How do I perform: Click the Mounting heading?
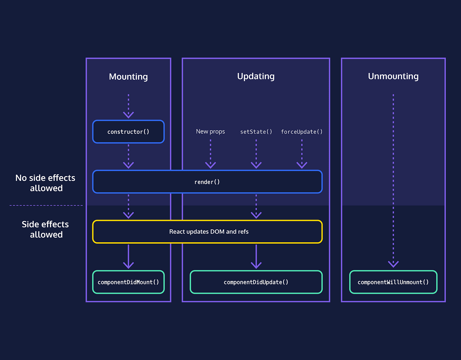click(x=128, y=77)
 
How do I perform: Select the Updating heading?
click(x=256, y=76)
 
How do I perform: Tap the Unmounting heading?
click(x=393, y=76)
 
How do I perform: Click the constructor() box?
click(x=128, y=132)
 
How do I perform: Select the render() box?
click(x=207, y=182)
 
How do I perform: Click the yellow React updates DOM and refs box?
click(x=208, y=232)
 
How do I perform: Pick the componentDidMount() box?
click(x=128, y=282)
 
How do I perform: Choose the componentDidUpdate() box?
click(x=256, y=282)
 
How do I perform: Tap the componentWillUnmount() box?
click(x=393, y=282)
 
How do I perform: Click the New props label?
click(x=210, y=132)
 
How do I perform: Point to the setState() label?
click(x=256, y=132)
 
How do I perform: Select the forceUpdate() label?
click(x=302, y=132)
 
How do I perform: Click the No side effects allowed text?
click(x=45, y=183)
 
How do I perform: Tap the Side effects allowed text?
click(x=45, y=229)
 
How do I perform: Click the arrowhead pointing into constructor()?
click(x=128, y=115)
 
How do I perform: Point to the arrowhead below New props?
click(x=210, y=165)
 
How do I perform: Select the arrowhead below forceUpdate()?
click(x=302, y=165)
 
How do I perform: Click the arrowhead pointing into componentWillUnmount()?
click(x=393, y=264)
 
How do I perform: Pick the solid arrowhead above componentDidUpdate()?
click(x=256, y=265)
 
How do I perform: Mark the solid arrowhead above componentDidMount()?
click(x=128, y=265)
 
